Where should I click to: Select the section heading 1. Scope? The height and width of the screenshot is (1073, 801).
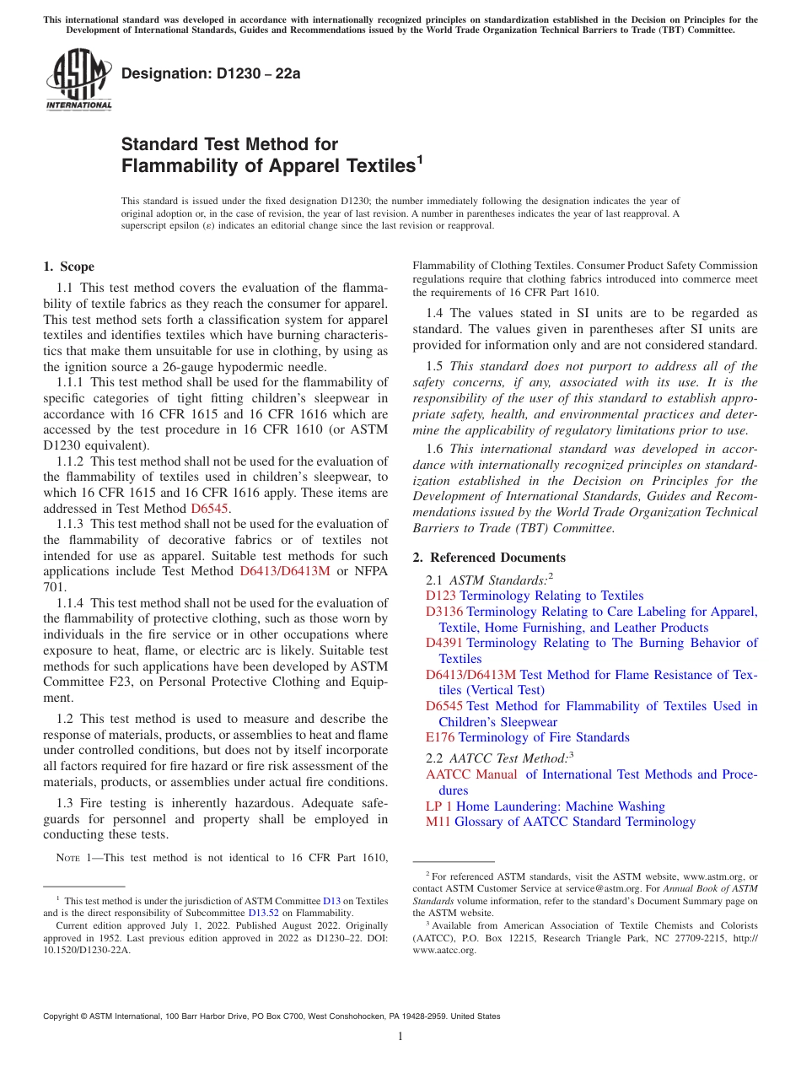coord(69,267)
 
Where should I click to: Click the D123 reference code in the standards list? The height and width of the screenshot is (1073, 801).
coord(441,596)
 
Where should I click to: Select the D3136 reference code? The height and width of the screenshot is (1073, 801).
coord(444,612)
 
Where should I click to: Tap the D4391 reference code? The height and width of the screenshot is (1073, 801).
coord(444,643)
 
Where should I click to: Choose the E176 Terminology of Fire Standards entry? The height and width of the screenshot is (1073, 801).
coord(527,737)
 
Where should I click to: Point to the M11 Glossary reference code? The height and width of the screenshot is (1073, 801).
coord(438,822)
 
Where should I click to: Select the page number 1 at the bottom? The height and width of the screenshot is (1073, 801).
coord(400,1037)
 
